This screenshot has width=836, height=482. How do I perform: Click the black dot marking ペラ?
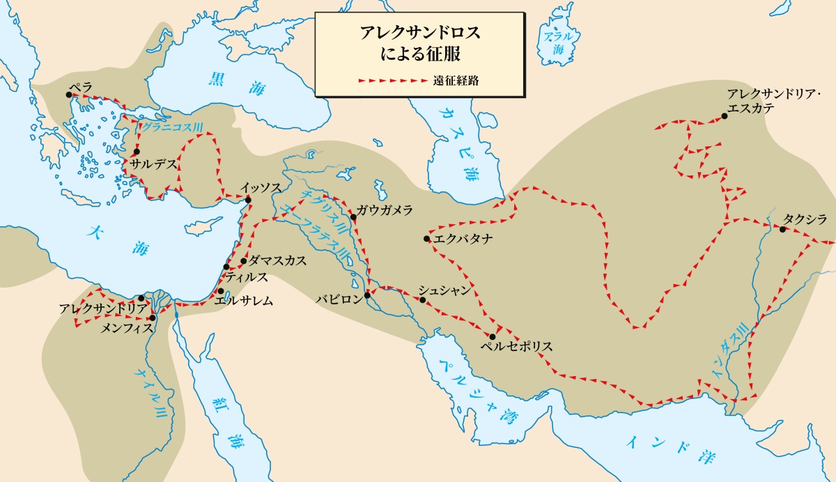(70, 95)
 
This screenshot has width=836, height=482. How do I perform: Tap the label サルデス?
(149, 164)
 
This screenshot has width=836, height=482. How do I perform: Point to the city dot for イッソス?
(248, 201)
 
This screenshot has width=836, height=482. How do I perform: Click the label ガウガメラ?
(384, 210)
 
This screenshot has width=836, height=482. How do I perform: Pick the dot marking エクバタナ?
(426, 239)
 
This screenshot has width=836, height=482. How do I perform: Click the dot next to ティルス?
(226, 267)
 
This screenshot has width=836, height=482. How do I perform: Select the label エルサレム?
(244, 301)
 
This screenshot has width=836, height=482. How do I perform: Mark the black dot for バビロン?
(367, 295)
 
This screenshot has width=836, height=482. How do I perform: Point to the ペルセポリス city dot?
(492, 336)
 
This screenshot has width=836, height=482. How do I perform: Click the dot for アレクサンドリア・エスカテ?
(725, 116)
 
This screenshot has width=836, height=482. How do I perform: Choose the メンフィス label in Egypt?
(127, 327)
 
